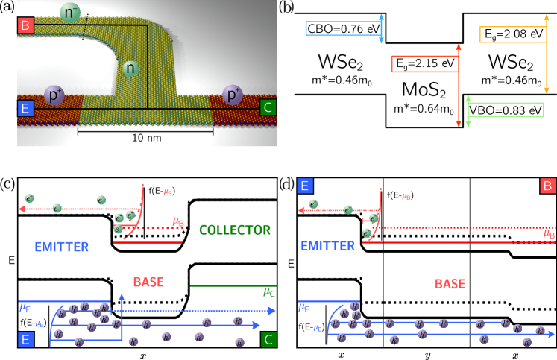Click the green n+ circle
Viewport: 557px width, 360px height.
70,12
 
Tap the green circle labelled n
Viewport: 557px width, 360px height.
130,68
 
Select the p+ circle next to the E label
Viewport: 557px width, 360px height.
54,95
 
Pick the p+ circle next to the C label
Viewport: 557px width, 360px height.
233,95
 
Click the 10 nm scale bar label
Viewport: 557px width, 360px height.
146,138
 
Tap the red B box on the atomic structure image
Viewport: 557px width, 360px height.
25,25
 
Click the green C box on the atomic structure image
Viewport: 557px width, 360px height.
268,107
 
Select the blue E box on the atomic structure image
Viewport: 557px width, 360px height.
25,109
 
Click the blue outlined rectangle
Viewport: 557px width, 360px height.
343,28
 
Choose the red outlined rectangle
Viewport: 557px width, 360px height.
424,64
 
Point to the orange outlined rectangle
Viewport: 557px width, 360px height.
512,34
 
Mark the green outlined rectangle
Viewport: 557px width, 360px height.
506,110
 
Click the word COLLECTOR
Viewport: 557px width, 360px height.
235,230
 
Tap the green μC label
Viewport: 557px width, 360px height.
269,292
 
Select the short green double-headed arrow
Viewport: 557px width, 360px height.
468,112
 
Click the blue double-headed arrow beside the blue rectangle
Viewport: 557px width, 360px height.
381,28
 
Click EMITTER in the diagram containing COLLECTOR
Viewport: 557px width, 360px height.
62,247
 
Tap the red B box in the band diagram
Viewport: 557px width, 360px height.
547,186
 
